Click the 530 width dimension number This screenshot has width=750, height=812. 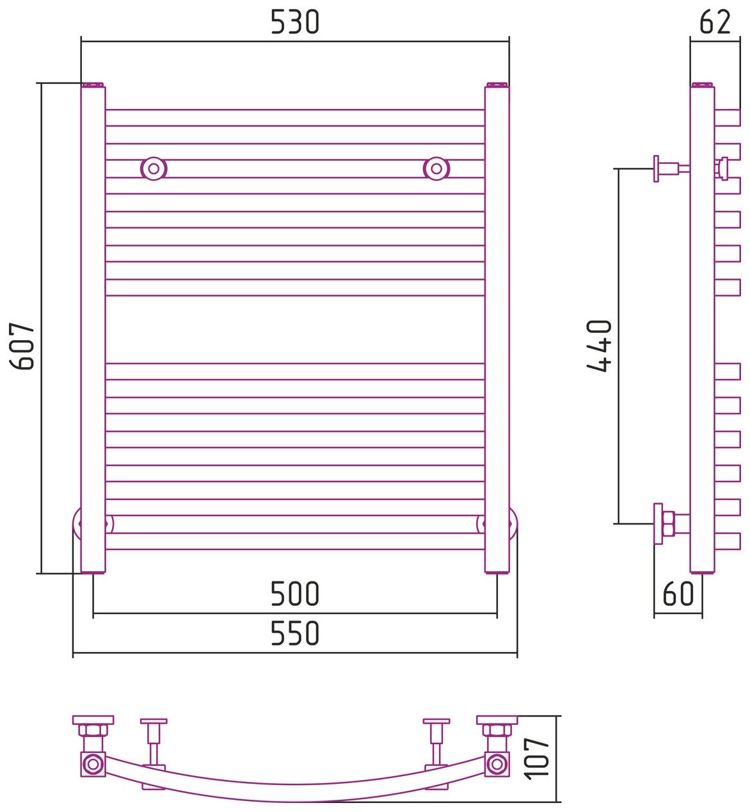coord(294,23)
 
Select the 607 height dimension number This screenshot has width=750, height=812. coord(24,346)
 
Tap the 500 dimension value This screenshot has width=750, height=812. coord(294,594)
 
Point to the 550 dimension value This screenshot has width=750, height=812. coord(294,633)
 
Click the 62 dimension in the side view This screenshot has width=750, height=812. coord(715,22)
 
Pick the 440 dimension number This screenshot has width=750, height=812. coord(600,346)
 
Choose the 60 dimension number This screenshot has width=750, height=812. coord(678,594)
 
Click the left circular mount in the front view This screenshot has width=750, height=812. coord(154,168)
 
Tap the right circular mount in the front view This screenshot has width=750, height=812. coord(436,168)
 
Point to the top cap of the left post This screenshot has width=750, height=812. coord(93,85)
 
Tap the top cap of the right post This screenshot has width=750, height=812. coord(497,85)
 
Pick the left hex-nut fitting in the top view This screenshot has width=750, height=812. coord(93,731)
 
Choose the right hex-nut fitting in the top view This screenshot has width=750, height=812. coord(496,731)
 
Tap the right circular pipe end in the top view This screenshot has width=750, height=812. coord(496,763)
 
